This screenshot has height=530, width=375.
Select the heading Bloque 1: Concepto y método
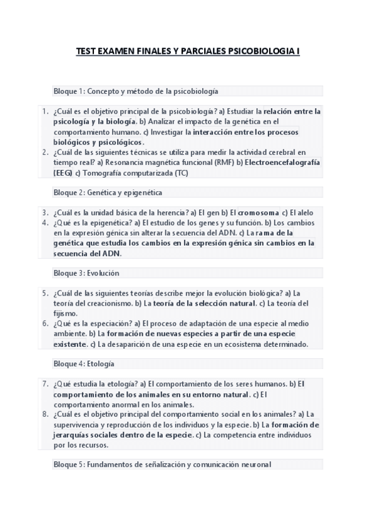136,91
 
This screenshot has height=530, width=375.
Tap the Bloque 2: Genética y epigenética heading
108,192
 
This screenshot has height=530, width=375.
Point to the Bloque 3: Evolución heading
86,273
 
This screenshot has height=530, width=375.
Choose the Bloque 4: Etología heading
84,364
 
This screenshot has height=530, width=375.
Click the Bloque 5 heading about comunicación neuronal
163,464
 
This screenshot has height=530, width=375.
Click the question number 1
45,111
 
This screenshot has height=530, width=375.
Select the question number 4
45,222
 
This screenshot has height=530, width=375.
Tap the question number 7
45,384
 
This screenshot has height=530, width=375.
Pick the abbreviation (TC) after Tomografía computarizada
181,172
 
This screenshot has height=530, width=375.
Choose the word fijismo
66,313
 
